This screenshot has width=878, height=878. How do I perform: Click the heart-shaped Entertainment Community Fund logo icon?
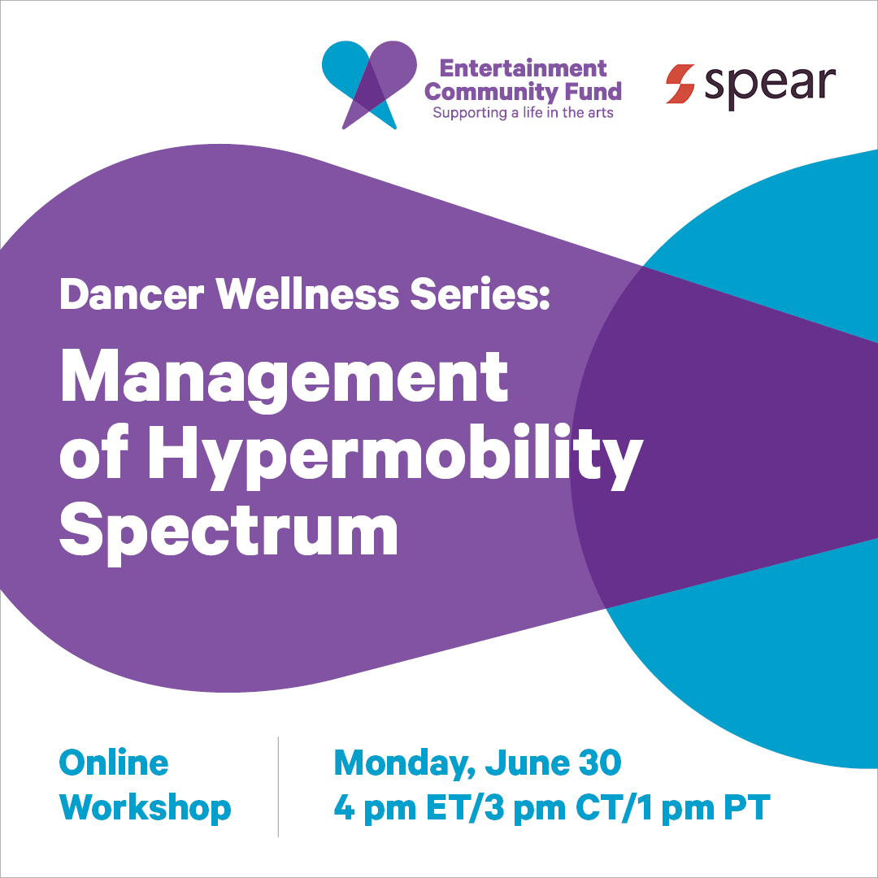point(369,85)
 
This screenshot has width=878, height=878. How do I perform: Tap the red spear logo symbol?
point(680,84)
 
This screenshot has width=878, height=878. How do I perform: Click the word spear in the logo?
point(770,87)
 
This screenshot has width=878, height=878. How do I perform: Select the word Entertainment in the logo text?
point(523,68)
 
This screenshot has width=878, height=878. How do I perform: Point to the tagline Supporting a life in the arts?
point(523,113)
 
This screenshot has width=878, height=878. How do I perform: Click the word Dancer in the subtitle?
point(132,294)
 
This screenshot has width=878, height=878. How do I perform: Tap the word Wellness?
point(307,294)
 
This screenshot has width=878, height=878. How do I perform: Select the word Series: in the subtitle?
point(480,294)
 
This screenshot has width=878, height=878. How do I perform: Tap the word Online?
point(114,763)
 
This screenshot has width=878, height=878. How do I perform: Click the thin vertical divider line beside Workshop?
point(278,787)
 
